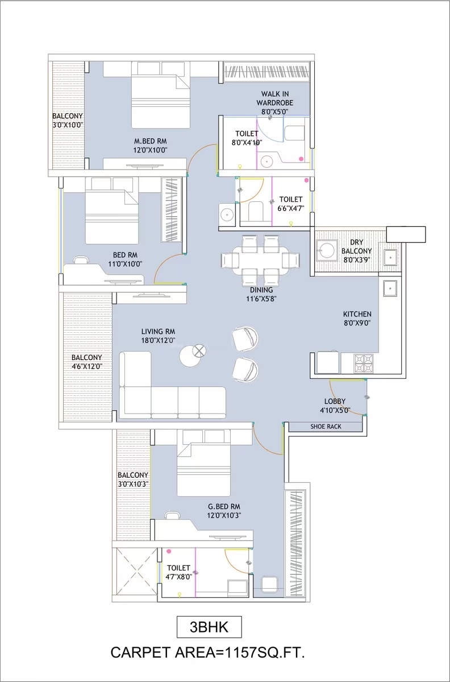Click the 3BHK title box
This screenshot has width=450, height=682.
[x=209, y=627]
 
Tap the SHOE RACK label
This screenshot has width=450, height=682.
[x=326, y=426]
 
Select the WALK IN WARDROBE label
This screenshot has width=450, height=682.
[x=274, y=98]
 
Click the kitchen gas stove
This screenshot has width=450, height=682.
[x=364, y=363]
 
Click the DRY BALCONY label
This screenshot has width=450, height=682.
[x=357, y=247]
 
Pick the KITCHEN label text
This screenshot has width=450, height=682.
[x=357, y=314]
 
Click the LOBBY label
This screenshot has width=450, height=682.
[x=335, y=401]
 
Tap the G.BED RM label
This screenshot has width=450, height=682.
[x=224, y=507]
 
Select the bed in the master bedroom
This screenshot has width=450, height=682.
[x=161, y=95]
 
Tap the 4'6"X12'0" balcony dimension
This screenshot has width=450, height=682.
[x=88, y=366]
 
